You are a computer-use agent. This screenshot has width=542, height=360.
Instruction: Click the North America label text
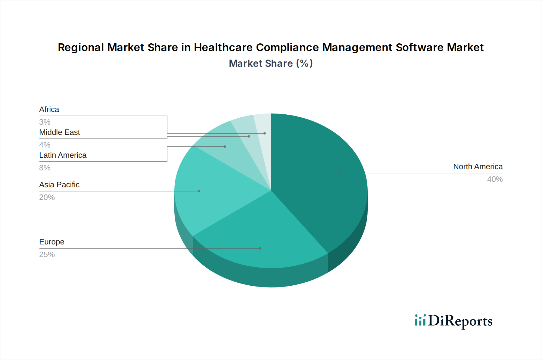click(x=478, y=166)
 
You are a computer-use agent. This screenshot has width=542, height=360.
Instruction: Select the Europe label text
click(x=52, y=242)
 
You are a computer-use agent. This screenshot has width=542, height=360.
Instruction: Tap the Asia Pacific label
click(x=59, y=185)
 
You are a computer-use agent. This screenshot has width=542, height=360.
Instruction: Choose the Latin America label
click(x=63, y=155)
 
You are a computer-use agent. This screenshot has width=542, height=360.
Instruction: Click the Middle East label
click(x=60, y=132)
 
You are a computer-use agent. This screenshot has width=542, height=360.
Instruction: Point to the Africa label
click(x=49, y=109)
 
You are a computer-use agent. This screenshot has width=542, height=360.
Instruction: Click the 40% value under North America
click(x=495, y=179)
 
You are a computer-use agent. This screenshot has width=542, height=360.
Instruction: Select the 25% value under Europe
click(x=47, y=254)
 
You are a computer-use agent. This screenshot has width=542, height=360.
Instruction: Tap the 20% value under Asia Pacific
click(x=47, y=197)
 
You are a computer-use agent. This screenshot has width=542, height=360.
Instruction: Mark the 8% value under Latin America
click(x=45, y=168)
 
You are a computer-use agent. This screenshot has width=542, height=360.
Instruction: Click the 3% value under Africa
click(x=45, y=122)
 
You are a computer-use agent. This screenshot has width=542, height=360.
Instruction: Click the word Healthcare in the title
click(x=223, y=48)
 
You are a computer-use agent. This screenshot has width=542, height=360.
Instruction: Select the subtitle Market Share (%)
click(x=271, y=64)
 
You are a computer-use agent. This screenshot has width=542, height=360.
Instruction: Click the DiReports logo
click(x=453, y=321)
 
